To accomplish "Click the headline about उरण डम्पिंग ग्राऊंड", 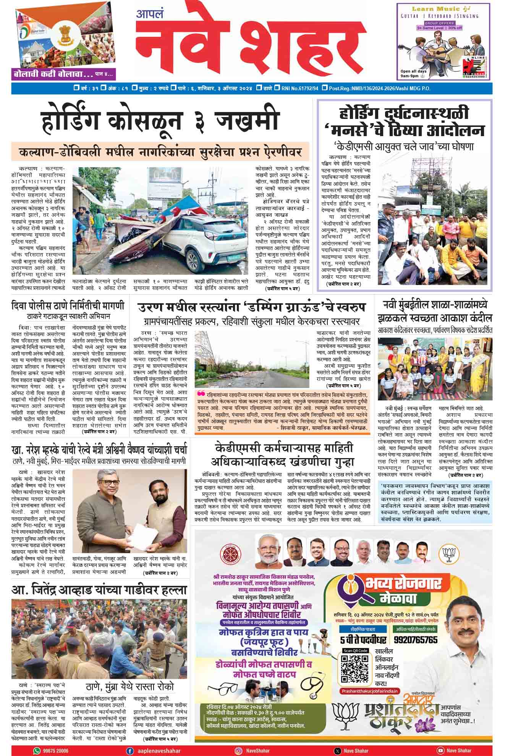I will click(x=252, y=307).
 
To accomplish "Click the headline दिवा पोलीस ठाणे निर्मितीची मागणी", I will click(x=68, y=306).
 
